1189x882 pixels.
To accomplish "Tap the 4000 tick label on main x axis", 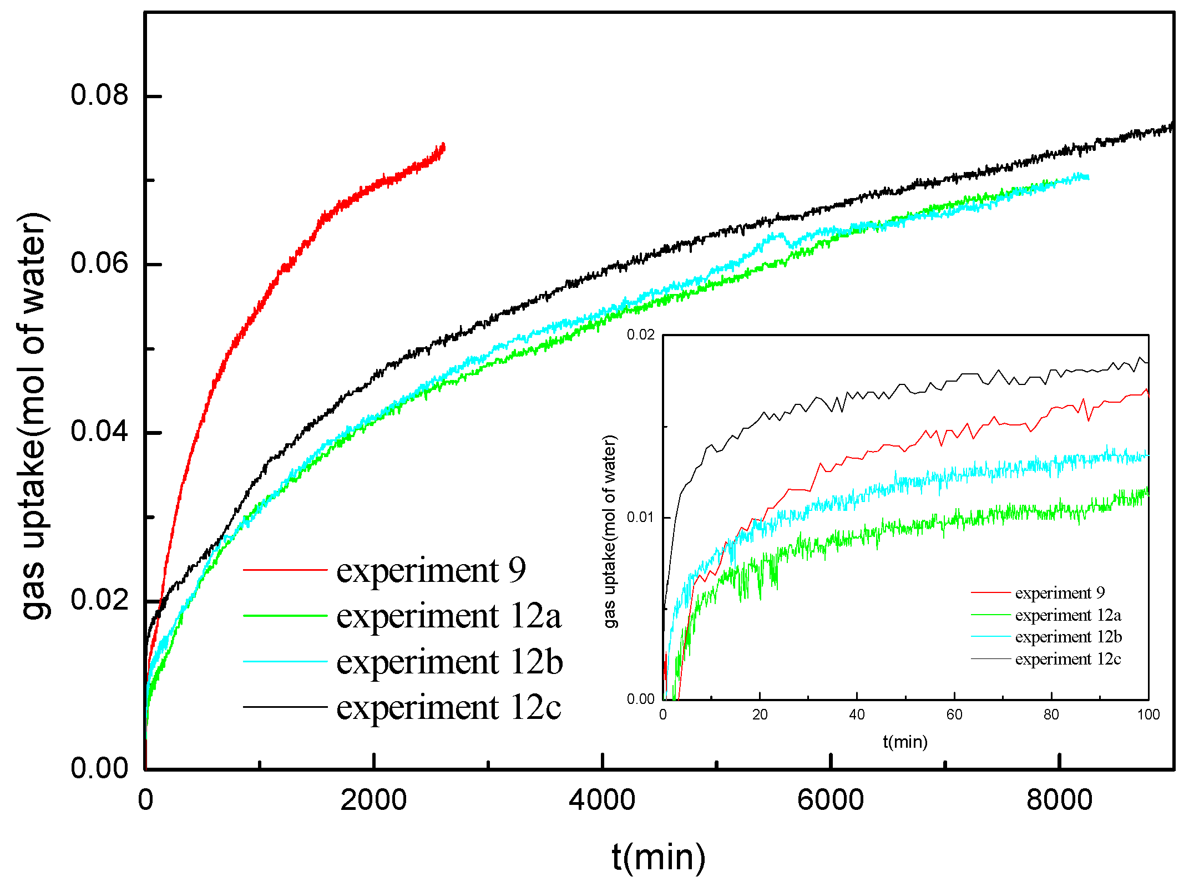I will [x=602, y=799].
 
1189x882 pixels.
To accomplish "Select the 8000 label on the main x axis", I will [x=1059, y=799].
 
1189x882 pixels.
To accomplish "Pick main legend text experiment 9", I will [x=431, y=570].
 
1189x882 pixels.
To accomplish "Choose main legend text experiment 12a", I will [x=448, y=616].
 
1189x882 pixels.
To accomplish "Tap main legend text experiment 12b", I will [x=449, y=662].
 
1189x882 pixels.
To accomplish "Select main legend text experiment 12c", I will [x=448, y=707].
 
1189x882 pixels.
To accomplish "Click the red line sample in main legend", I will [x=285, y=570].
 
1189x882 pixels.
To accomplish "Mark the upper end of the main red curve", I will [x=443, y=146].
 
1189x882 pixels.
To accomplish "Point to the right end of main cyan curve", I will [x=1087, y=177].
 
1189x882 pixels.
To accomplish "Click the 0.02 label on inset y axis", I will [x=640, y=334].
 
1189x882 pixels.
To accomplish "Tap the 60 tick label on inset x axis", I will [x=954, y=715].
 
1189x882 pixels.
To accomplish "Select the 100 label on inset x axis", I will [x=1148, y=715].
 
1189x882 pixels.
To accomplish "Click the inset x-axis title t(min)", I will [x=905, y=742].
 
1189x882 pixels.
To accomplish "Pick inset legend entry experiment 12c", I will [x=1067, y=659].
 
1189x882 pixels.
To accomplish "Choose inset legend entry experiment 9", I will [x=1059, y=593].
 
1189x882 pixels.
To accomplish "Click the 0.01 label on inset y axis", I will [x=640, y=517].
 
